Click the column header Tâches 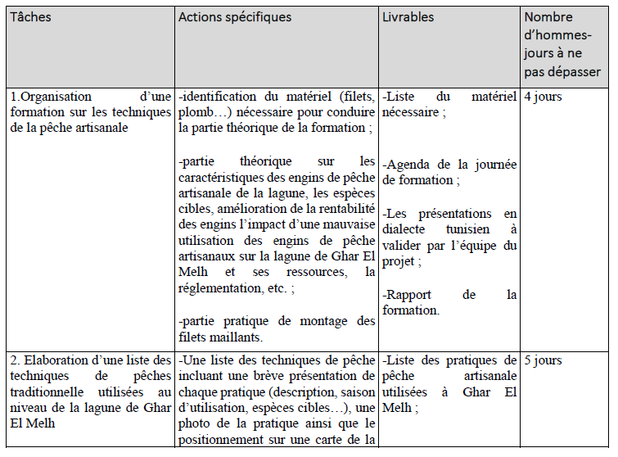coord(30,17)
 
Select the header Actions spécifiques coord(234,17)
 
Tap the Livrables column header coord(408,17)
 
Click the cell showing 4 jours coord(543,97)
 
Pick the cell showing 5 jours coord(543,360)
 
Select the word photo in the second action coord(197,423)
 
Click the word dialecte coord(408,228)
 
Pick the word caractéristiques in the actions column coord(221,176)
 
